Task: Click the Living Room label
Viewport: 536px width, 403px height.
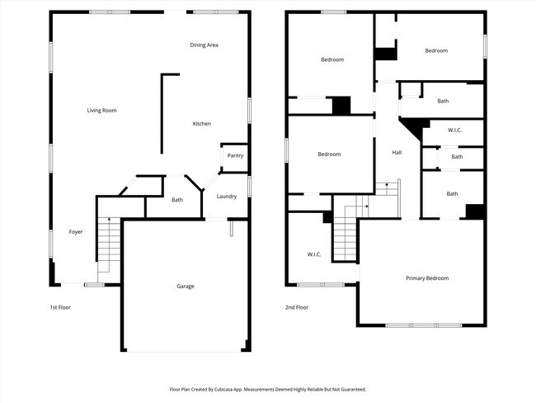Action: (102, 110)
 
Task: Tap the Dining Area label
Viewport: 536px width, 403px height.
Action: (204, 45)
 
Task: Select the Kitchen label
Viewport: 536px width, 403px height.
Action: (202, 124)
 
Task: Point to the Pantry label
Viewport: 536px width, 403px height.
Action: (235, 155)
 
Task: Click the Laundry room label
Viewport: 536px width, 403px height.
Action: (227, 196)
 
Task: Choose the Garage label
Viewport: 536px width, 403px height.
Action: (186, 286)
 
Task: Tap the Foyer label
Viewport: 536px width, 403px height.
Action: (75, 232)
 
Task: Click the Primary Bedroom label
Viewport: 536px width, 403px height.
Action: (427, 278)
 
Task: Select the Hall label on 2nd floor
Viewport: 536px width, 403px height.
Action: (397, 153)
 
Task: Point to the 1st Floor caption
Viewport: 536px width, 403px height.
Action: (59, 306)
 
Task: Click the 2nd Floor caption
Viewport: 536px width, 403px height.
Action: (297, 306)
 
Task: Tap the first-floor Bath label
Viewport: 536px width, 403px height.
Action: (177, 200)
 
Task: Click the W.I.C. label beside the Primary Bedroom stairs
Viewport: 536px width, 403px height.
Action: (314, 254)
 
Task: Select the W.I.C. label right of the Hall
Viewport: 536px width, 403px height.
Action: (455, 130)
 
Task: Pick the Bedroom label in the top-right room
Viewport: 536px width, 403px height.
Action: (436, 51)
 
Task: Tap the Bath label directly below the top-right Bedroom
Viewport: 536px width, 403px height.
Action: (443, 101)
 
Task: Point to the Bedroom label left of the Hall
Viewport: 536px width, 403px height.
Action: (329, 154)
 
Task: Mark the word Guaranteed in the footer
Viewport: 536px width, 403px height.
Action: (350, 389)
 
